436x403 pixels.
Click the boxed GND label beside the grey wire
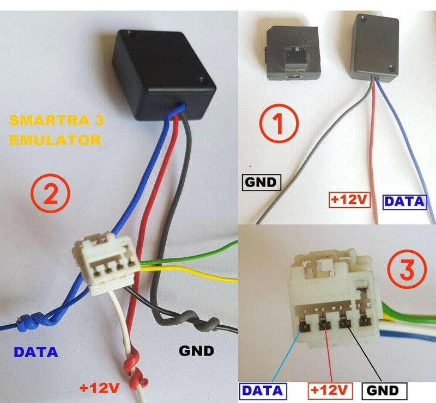260,182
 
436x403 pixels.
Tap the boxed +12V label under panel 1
349,200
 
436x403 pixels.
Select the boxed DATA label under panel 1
404,202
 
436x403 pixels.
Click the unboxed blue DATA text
36,351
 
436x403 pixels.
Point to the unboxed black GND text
196,351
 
